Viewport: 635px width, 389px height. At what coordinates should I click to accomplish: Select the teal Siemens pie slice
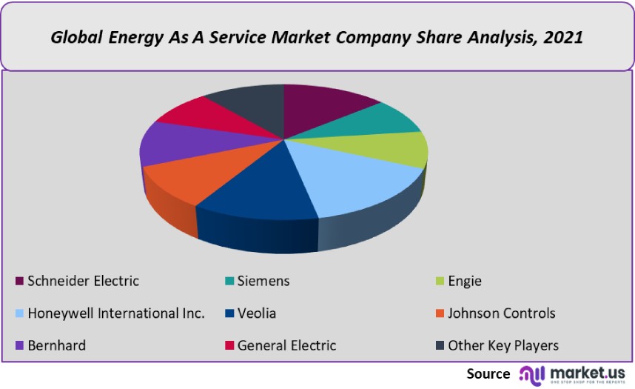coord(370,120)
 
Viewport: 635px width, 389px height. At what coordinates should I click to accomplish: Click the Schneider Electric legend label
coord(83,281)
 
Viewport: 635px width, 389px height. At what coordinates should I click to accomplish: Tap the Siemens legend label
coord(263,281)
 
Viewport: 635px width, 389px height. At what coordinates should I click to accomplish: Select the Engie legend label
coord(464,281)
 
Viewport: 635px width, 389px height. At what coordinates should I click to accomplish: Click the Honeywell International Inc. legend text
coord(116,313)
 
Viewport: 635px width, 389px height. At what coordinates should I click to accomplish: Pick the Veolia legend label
coord(257,313)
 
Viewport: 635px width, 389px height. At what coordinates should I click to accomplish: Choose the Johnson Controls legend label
coord(501,313)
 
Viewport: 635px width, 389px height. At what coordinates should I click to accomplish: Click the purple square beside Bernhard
coord(19,346)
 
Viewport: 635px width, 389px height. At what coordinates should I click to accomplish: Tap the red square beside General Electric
coord(229,346)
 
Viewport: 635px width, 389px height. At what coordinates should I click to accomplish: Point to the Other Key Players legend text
coord(503,346)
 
